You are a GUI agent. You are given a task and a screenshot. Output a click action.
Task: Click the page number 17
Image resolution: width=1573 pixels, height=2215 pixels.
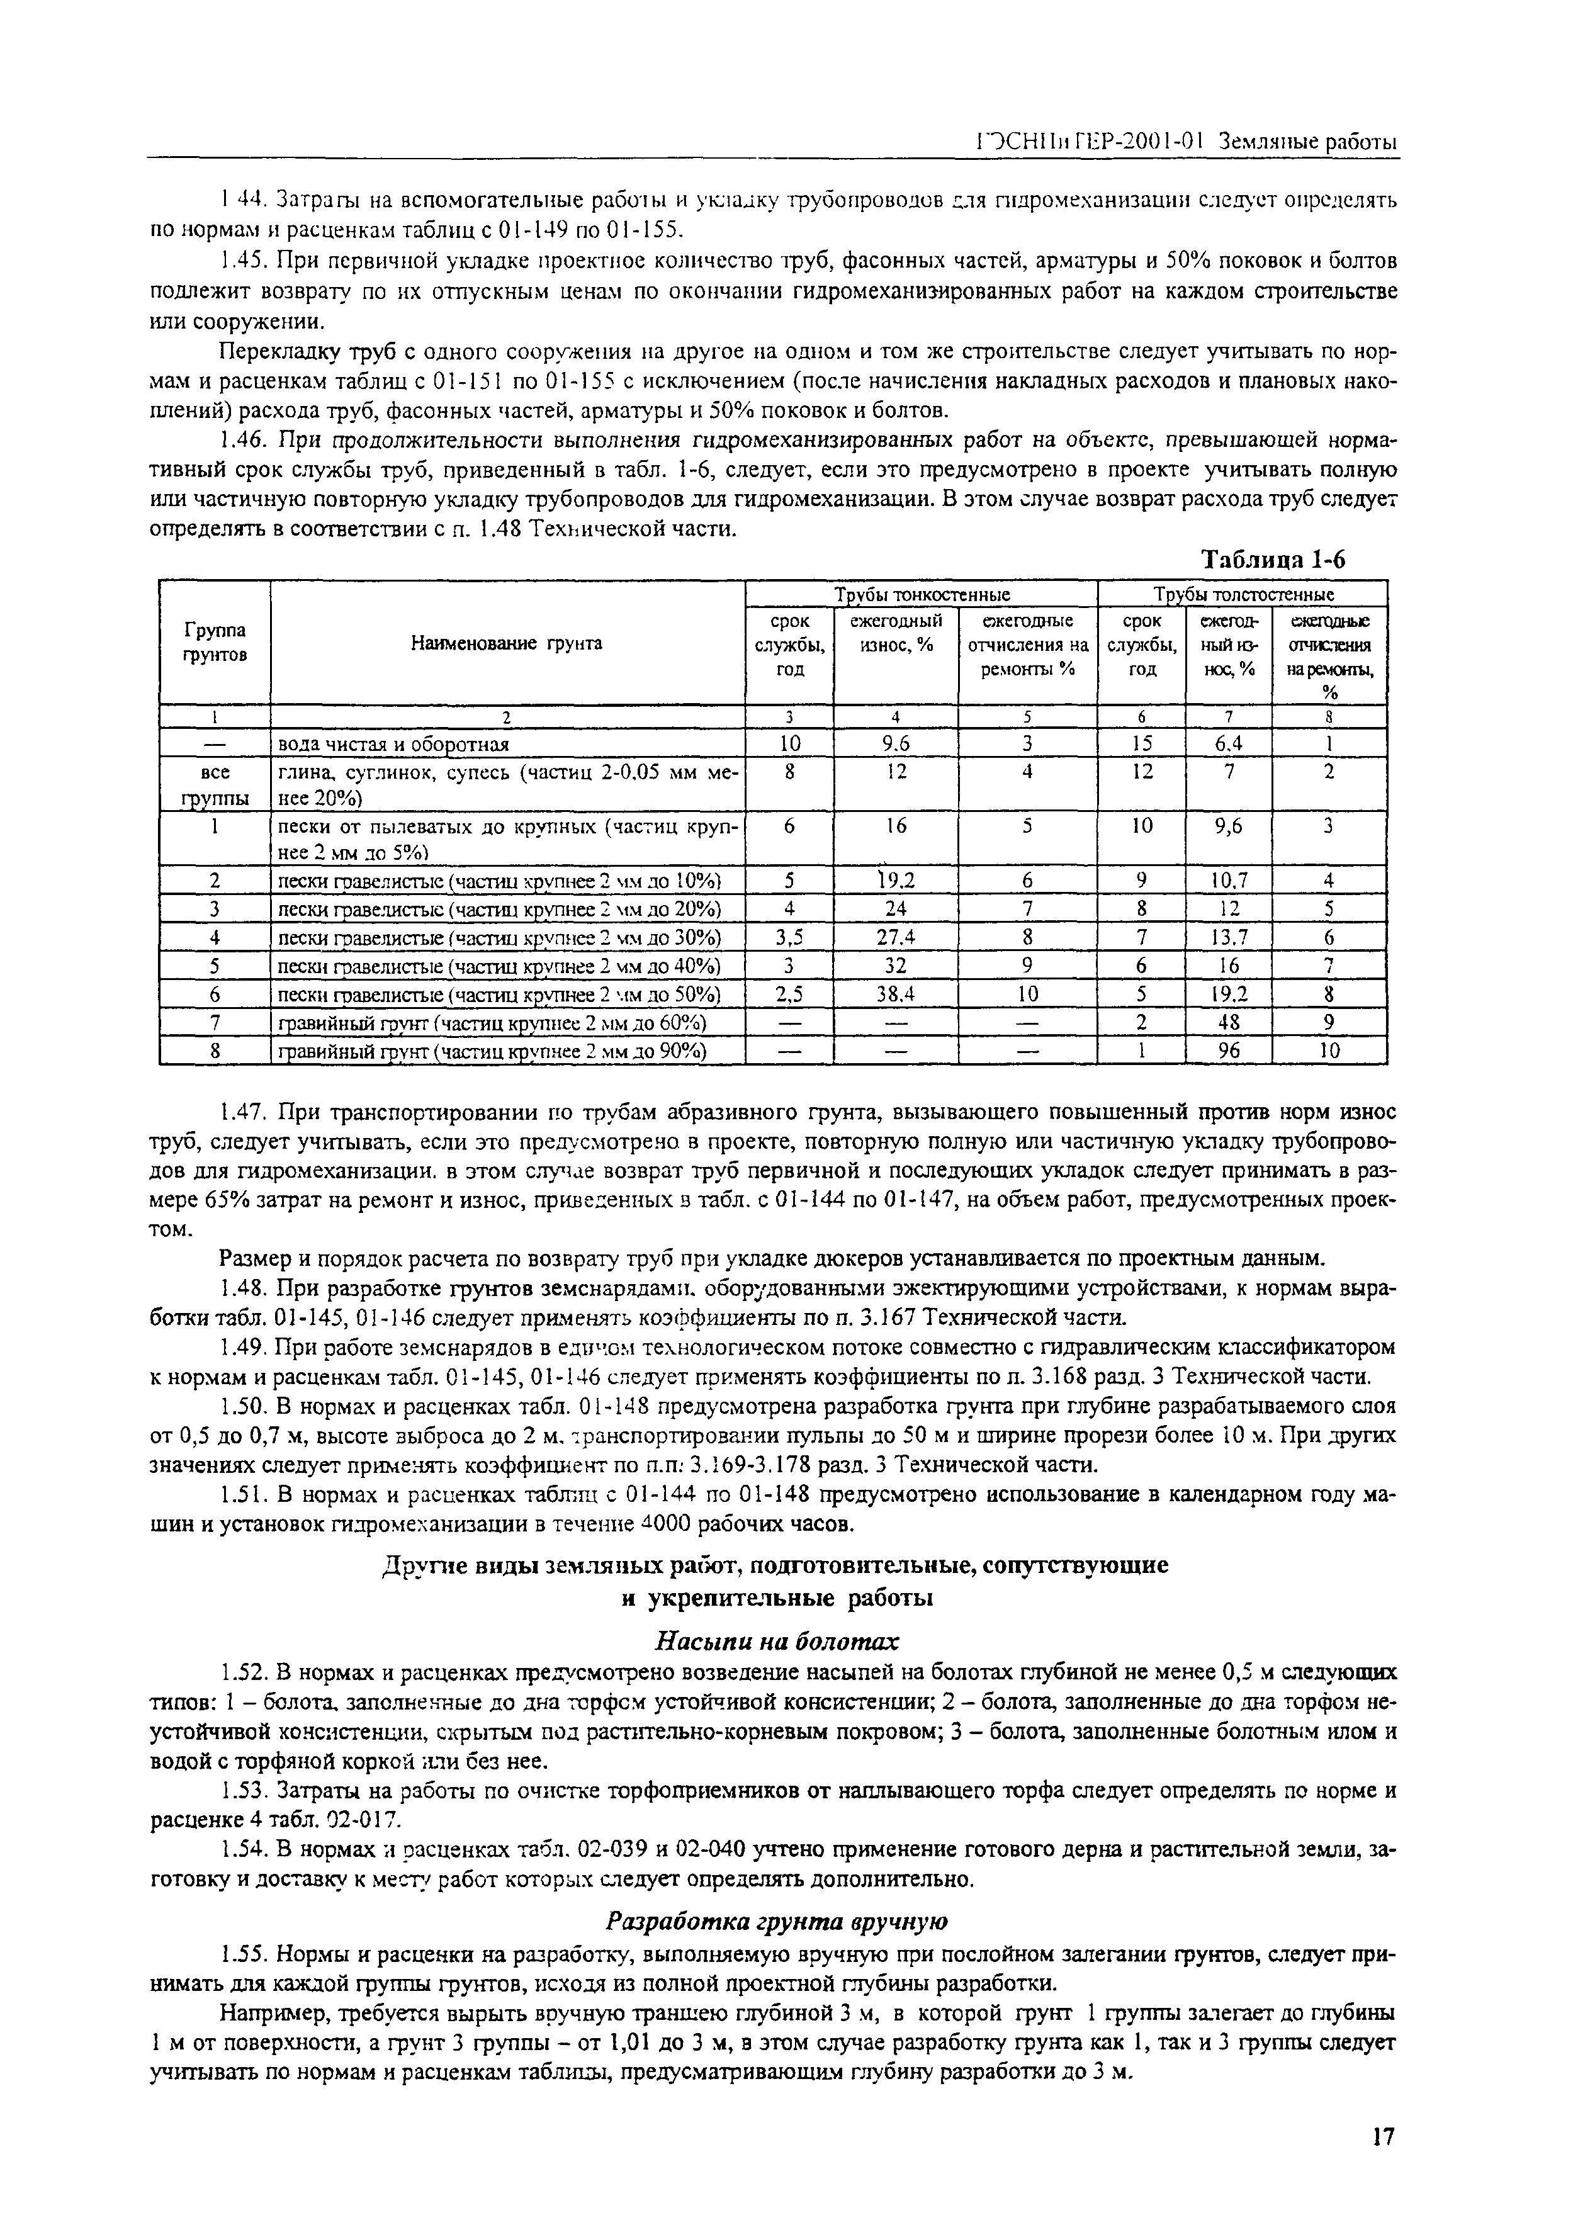pyautogui.click(x=1383, y=2130)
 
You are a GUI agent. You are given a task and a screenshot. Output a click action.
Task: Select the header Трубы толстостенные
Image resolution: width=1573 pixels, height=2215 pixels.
pyautogui.click(x=1243, y=594)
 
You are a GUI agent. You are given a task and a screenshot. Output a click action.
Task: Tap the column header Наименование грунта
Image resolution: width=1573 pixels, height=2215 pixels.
pyautogui.click(x=507, y=642)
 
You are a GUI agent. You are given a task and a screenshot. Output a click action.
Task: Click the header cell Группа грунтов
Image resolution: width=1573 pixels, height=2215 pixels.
pyautogui.click(x=214, y=642)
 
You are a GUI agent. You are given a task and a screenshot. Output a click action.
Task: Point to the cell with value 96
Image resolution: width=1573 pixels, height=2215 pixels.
pyautogui.click(x=1228, y=1051)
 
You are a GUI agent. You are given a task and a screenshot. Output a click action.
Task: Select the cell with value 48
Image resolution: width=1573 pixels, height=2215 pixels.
pyautogui.click(x=1228, y=1023)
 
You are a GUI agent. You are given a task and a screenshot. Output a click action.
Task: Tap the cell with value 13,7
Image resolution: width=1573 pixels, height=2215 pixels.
pyautogui.click(x=1228, y=937)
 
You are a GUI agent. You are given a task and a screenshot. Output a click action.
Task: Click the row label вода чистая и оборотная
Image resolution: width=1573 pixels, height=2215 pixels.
pyautogui.click(x=393, y=744)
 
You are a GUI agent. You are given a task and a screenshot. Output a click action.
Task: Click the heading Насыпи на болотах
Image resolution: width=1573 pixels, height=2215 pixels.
pyautogui.click(x=778, y=1641)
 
